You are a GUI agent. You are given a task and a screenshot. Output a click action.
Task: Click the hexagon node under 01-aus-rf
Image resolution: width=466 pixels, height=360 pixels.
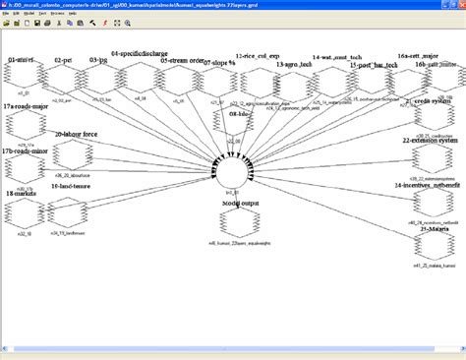(x=22, y=79)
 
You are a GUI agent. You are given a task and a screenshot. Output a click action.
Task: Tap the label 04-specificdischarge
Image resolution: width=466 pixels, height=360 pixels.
(x=138, y=53)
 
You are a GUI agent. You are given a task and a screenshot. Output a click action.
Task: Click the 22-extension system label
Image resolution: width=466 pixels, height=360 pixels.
(x=430, y=141)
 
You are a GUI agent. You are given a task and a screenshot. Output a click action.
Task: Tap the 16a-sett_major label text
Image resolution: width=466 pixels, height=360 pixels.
(x=417, y=55)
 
